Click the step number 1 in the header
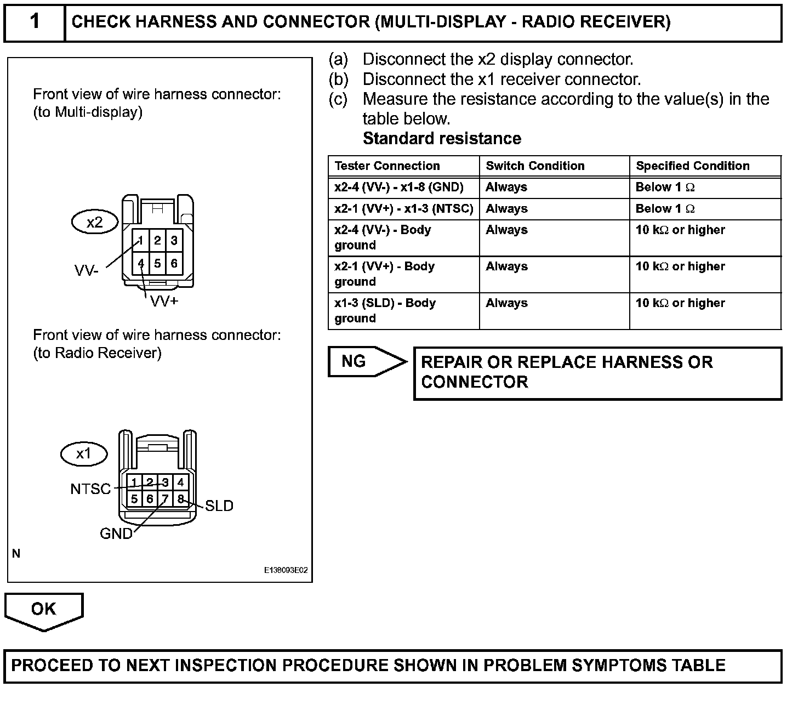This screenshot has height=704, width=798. tap(35, 22)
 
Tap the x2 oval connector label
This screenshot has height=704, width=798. tap(95, 222)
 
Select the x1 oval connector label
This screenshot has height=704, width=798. tap(83, 453)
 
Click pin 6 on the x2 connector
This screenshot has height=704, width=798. tap(174, 263)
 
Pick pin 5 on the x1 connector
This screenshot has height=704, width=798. tap(134, 499)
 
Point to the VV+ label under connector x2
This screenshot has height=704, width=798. tap(164, 301)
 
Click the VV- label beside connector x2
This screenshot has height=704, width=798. tap(87, 270)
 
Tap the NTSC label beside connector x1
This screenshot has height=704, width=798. tap(90, 489)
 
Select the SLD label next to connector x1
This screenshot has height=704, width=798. tap(219, 506)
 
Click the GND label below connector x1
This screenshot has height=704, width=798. tap(116, 533)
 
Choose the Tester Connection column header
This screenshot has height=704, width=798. tap(387, 166)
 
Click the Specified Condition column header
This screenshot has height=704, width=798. tap(692, 166)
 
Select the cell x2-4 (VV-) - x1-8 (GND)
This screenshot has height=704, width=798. tap(399, 187)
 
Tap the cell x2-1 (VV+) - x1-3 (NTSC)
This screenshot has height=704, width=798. tap(403, 208)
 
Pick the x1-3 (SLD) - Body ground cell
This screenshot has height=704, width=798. tap(385, 310)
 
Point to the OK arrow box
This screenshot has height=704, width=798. tap(44, 609)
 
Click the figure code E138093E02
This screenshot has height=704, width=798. tap(286, 570)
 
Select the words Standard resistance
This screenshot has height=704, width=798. tap(442, 138)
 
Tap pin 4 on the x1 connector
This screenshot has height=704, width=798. tap(180, 482)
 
